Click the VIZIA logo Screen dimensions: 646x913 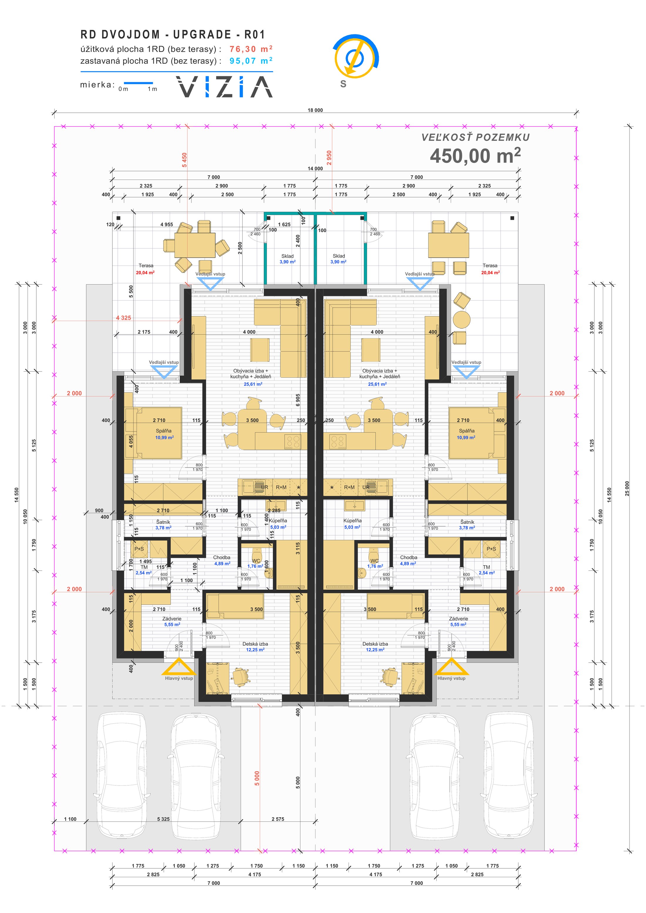coord(224,87)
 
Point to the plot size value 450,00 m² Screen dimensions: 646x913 coord(475,156)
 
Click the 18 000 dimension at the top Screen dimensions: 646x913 coord(315,110)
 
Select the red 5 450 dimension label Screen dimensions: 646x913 coord(184,160)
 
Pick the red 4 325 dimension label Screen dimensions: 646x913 coord(123,318)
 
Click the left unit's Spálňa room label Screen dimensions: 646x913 coord(164,431)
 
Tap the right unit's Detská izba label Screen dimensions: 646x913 coord(375,644)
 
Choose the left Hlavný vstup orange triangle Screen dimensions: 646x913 coord(178,667)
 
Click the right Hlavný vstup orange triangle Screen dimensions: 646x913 coord(452,667)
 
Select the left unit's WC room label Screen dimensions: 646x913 coord(256,561)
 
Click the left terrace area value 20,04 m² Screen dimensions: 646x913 coord(145,273)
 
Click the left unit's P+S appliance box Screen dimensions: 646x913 coord(139,549)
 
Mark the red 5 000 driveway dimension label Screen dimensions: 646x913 coord(257,778)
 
